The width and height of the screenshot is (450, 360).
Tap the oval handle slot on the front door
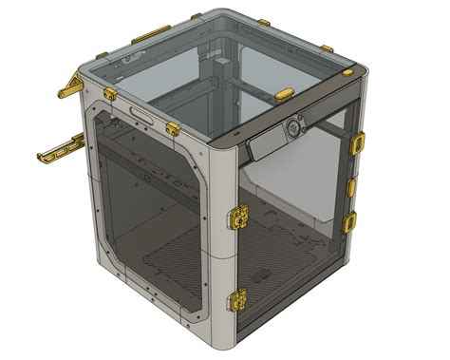pyautogui.click(x=143, y=114)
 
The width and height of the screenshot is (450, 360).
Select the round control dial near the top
pyautogui.click(x=297, y=124)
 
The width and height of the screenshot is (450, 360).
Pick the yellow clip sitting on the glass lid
pyautogui.click(x=285, y=94)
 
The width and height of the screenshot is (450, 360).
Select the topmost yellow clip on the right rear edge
pyautogui.click(x=359, y=142)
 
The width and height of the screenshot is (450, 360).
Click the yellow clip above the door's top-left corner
pyautogui.click(x=110, y=93)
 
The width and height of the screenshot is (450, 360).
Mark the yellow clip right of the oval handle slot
pyautogui.click(x=174, y=126)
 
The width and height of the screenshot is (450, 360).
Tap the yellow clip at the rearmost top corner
pyautogui.click(x=197, y=16)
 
